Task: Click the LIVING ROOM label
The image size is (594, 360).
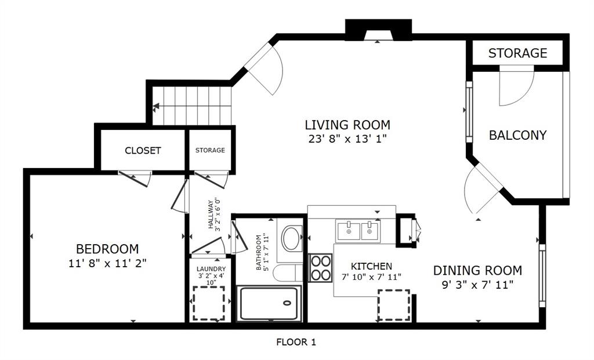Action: [x=347, y=125]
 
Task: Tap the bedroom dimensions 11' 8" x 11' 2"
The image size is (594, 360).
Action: [x=107, y=263]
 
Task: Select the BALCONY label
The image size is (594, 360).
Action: [x=517, y=135]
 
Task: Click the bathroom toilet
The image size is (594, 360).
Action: [x=288, y=272]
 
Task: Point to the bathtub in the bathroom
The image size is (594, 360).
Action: [x=270, y=303]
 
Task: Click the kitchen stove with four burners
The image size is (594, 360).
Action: [x=320, y=268]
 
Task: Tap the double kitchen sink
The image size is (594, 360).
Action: [x=358, y=231]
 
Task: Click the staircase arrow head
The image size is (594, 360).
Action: [x=157, y=107]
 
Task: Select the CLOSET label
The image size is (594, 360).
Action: [x=143, y=150]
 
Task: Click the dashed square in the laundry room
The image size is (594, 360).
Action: [x=208, y=303]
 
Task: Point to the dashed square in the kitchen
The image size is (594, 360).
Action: [x=394, y=306]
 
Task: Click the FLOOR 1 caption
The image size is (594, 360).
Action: [x=296, y=342]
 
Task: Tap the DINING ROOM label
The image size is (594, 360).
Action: [x=477, y=270]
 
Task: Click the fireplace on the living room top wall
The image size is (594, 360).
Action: [x=378, y=30]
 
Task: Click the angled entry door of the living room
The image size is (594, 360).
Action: [x=264, y=67]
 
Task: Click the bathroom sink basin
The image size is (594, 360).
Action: [x=291, y=238]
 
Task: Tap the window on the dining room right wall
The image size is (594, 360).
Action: [x=542, y=275]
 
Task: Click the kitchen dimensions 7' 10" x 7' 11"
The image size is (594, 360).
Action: [x=371, y=277]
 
